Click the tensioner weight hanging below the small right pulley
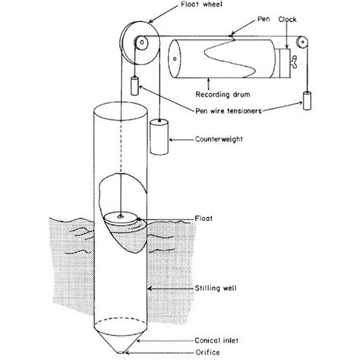308,101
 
